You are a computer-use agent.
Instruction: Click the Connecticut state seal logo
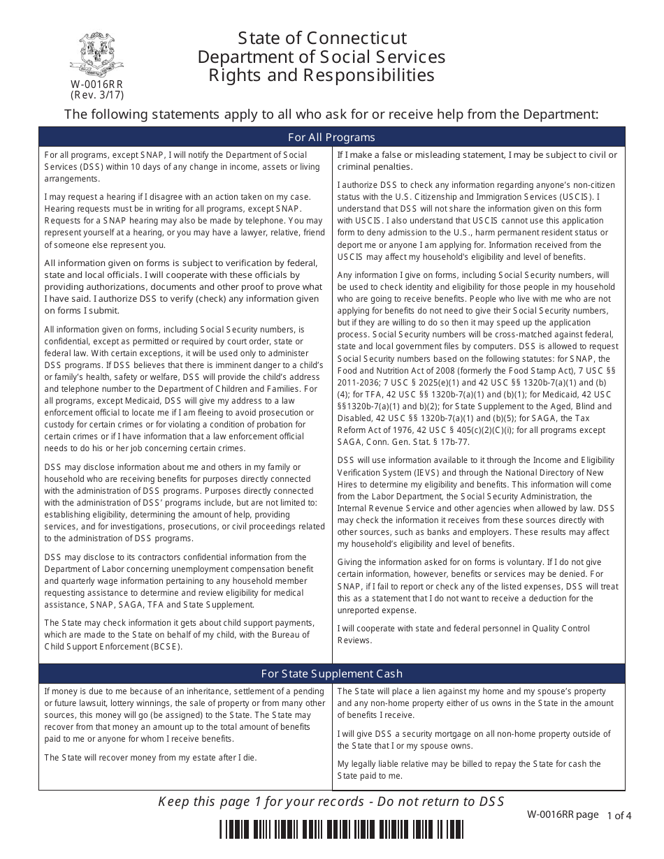click(97, 54)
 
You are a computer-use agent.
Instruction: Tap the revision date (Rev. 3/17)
click(97, 95)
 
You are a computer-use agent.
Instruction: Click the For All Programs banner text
click(331, 137)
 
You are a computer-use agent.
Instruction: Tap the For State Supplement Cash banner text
click(331, 674)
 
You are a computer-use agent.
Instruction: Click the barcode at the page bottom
click(341, 829)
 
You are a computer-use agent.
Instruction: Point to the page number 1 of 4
click(619, 815)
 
